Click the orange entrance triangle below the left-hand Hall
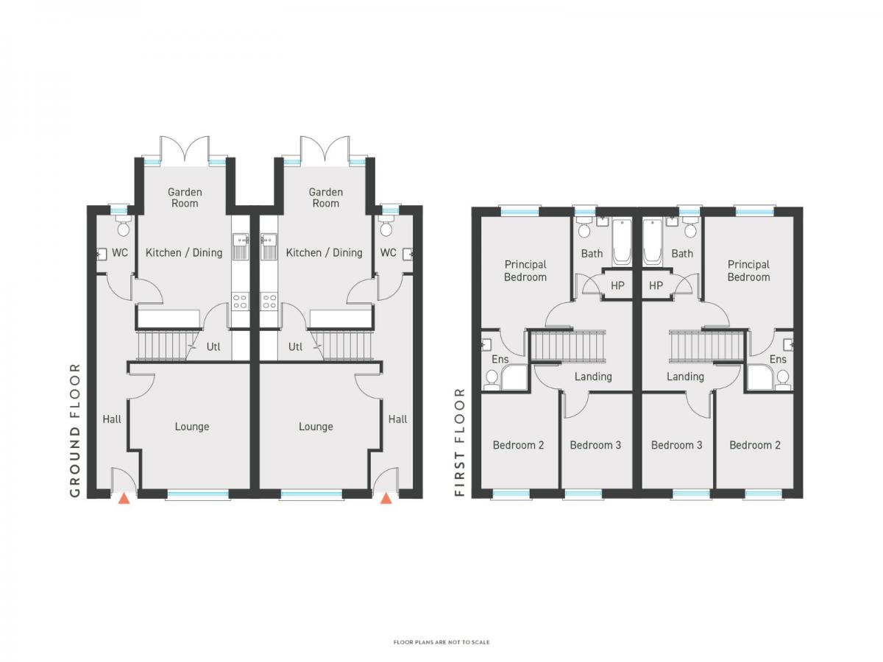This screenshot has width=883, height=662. click(x=124, y=499)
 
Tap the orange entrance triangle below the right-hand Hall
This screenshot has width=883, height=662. click(x=386, y=499)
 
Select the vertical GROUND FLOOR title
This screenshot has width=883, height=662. click(x=75, y=430)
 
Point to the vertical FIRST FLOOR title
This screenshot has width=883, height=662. click(x=459, y=442)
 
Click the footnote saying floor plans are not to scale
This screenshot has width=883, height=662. click(x=441, y=642)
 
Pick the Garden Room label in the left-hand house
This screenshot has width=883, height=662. click(x=185, y=198)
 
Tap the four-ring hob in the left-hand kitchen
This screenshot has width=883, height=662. click(x=240, y=302)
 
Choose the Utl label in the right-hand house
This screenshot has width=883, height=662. click(x=296, y=346)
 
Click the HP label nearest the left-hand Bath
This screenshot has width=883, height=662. click(x=617, y=286)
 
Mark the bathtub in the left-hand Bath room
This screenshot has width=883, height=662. click(x=622, y=243)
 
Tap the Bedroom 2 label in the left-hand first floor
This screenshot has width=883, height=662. click(x=518, y=445)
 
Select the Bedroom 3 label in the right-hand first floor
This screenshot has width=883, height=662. click(x=677, y=445)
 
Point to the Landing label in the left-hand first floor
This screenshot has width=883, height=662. click(x=593, y=377)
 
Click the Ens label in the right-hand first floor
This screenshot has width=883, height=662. click(x=778, y=360)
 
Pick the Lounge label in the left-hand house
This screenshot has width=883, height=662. click(x=192, y=427)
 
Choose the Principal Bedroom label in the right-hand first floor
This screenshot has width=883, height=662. click(x=748, y=271)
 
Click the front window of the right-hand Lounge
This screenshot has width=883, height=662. click(x=311, y=494)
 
